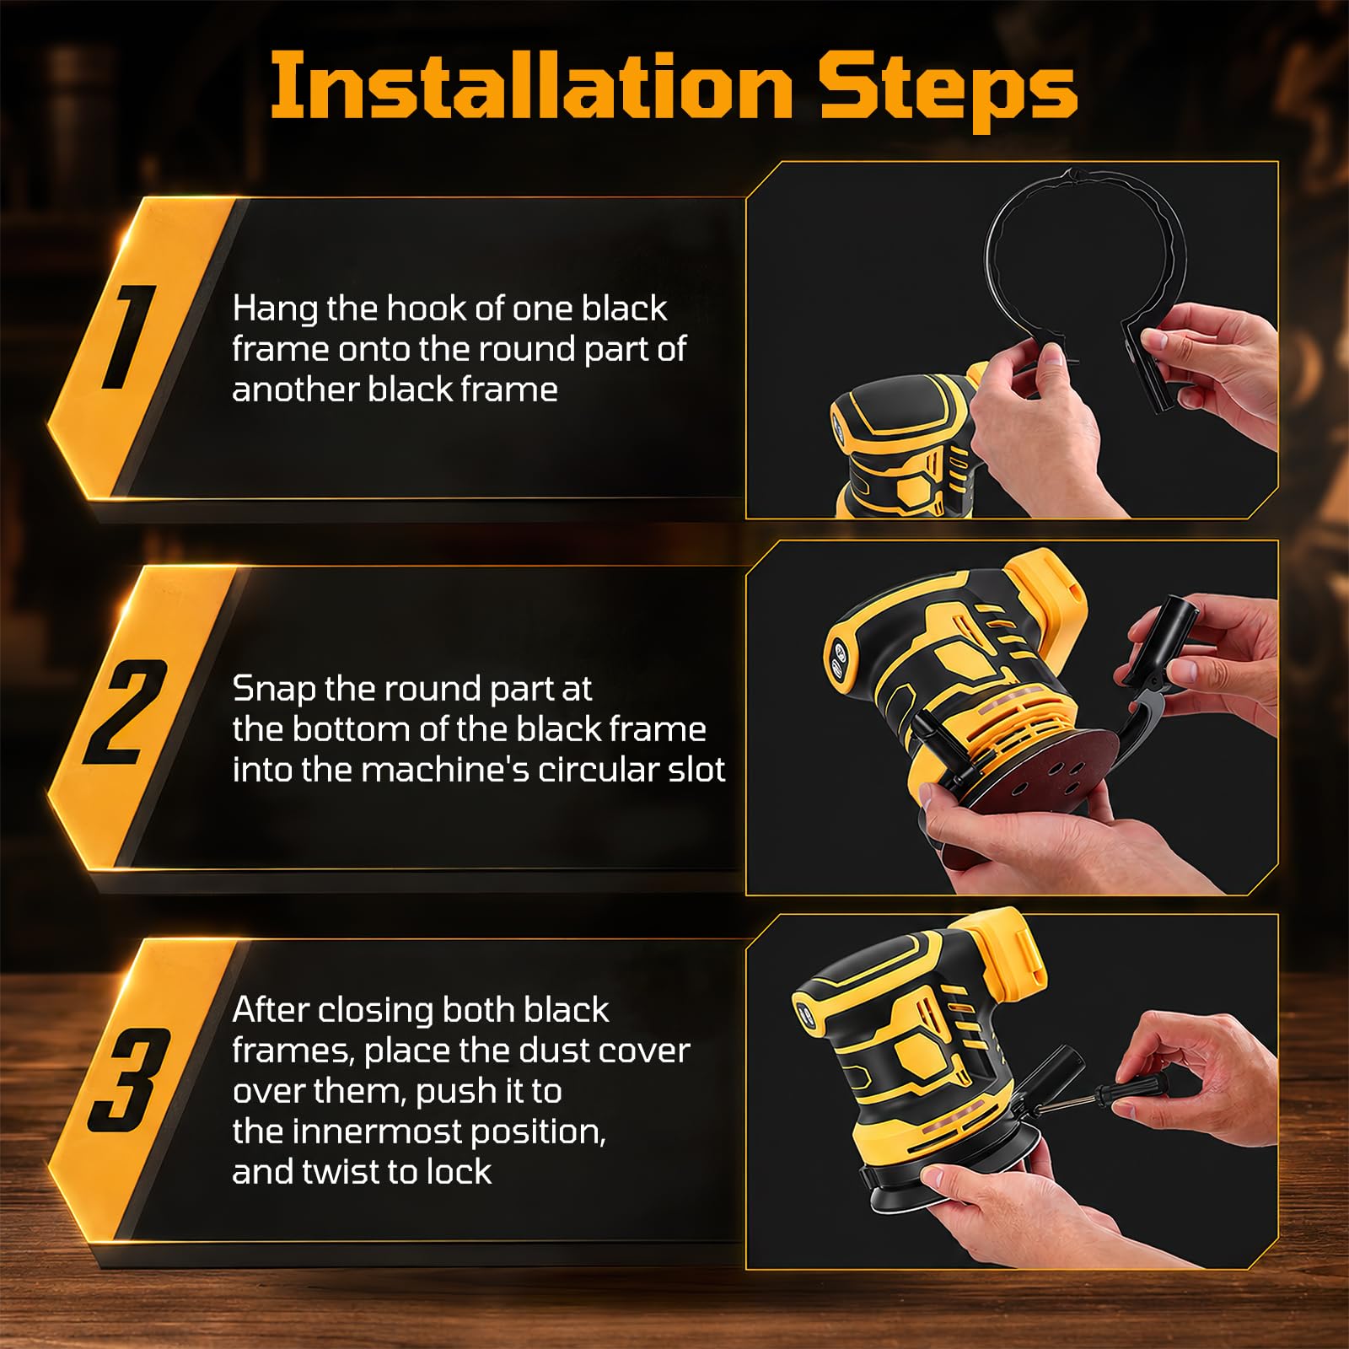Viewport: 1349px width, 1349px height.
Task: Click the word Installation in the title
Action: pyautogui.click(x=531, y=86)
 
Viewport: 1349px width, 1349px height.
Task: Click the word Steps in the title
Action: pyautogui.click(x=949, y=92)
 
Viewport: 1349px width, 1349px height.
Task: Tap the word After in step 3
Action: pyautogui.click(x=270, y=1010)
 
